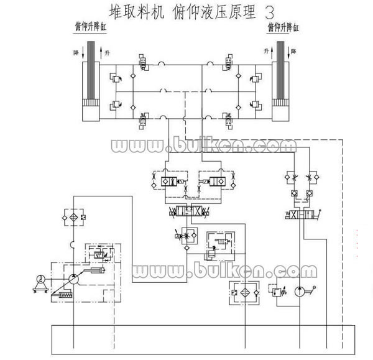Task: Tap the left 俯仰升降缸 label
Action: pyautogui.click(x=90, y=27)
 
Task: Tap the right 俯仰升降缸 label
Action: pyautogui.click(x=283, y=27)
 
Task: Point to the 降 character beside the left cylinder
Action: pyautogui.click(x=76, y=53)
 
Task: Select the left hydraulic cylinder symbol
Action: pyautogui.click(x=92, y=81)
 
